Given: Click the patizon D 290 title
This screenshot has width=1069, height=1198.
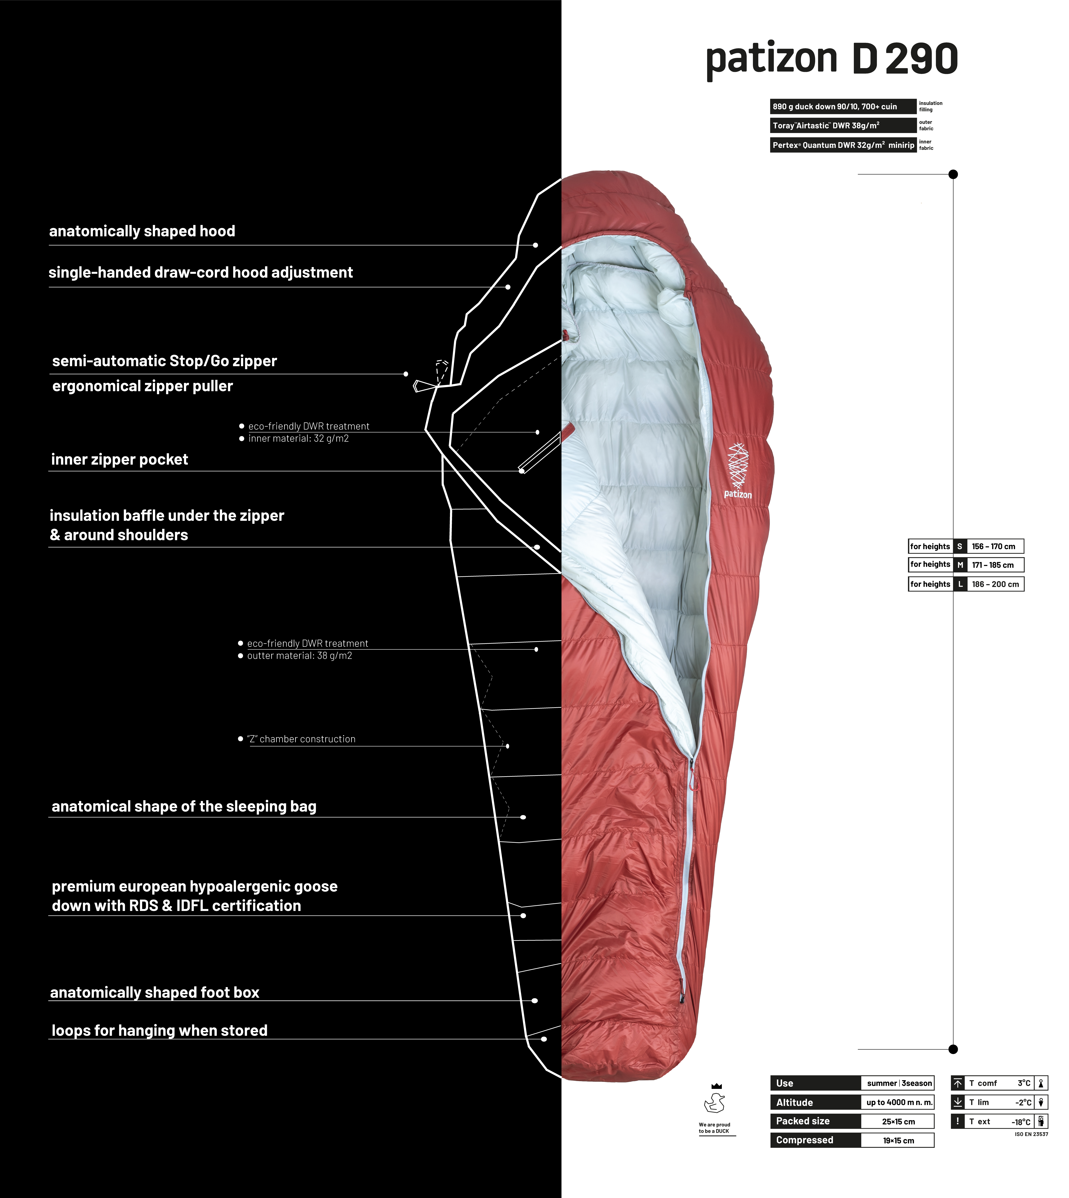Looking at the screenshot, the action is coord(832,59).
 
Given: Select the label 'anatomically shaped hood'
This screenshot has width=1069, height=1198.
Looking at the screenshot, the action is coord(142,231).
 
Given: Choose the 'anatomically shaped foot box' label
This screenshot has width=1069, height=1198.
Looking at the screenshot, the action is coord(155,992).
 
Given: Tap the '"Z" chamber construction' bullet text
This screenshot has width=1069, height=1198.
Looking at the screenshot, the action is coord(301,739).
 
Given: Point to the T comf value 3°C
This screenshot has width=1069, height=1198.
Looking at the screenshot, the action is coord(1024,1083).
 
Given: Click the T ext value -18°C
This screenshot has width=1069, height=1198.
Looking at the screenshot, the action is coord(1021,1122).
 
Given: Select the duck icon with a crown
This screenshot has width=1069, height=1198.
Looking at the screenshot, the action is coord(715,1098).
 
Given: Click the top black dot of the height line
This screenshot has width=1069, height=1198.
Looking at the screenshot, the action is coord(953,174).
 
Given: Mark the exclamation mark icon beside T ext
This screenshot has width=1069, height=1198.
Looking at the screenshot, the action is coord(957,1121).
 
